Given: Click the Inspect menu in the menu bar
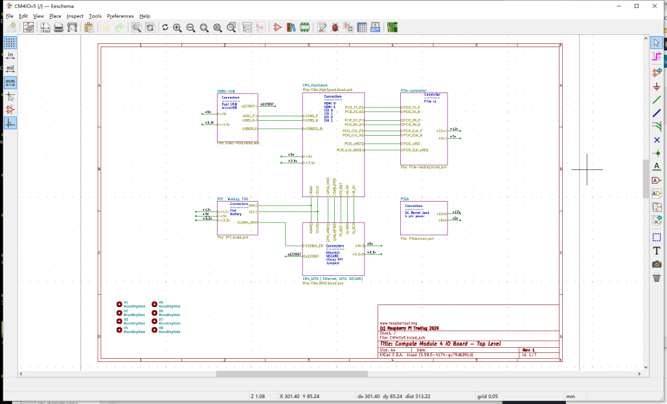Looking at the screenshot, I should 74,16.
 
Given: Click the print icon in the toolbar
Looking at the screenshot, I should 58,27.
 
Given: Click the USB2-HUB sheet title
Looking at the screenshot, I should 227,92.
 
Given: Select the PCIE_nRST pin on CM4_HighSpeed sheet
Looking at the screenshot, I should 354,144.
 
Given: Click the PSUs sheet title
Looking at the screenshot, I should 405,199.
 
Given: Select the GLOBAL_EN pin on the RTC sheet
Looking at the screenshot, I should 247,222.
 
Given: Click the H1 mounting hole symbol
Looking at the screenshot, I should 119,304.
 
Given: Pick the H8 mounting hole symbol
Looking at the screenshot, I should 154,330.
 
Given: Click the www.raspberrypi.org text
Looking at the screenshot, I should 398,323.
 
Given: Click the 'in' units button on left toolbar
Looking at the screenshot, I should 10,56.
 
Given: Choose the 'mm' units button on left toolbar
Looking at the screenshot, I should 10,82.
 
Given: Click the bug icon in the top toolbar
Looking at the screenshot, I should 335,27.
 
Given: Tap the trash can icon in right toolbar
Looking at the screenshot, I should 657,278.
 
